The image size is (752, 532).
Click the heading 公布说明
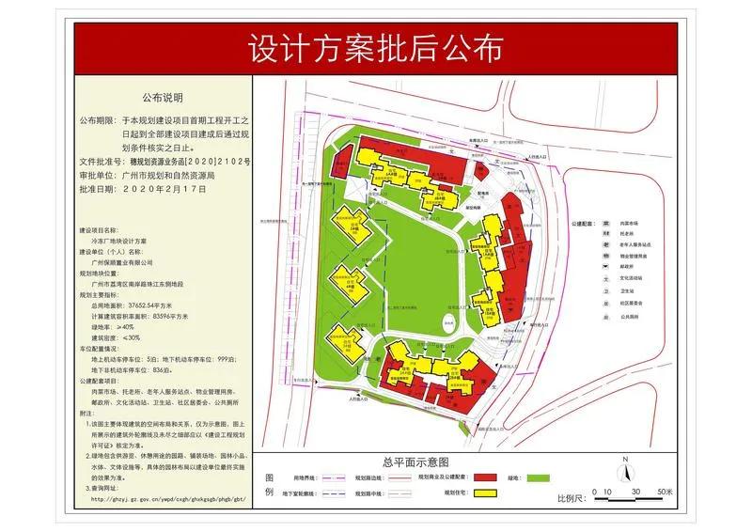coord(163,97)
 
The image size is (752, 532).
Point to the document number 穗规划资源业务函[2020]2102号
coord(189,162)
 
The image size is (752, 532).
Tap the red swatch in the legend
coord(483,478)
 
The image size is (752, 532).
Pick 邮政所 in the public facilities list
coord(627,265)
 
